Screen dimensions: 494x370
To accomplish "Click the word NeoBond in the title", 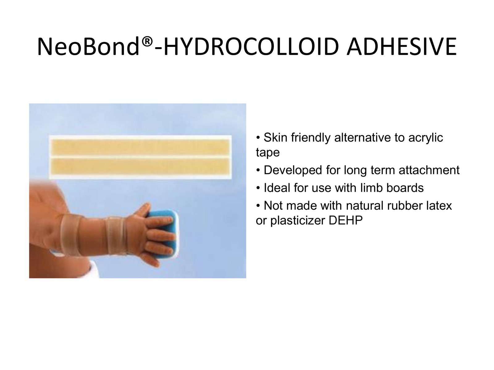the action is [88, 47].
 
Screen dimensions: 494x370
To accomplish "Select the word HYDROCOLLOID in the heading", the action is [251, 47].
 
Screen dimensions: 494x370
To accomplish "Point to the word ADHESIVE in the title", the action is [401, 47].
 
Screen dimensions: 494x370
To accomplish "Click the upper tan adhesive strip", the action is [140, 147].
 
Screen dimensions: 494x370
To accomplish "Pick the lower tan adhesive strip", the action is [140, 166].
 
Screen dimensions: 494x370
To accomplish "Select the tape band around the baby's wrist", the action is [115, 236].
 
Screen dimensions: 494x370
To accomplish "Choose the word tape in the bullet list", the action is [268, 153].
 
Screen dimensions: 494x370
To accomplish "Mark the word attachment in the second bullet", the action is [429, 170].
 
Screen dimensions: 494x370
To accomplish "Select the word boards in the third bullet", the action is [405, 188].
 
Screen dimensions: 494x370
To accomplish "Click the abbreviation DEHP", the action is [346, 220].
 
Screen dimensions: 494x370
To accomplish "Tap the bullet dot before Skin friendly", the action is [258, 137].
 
